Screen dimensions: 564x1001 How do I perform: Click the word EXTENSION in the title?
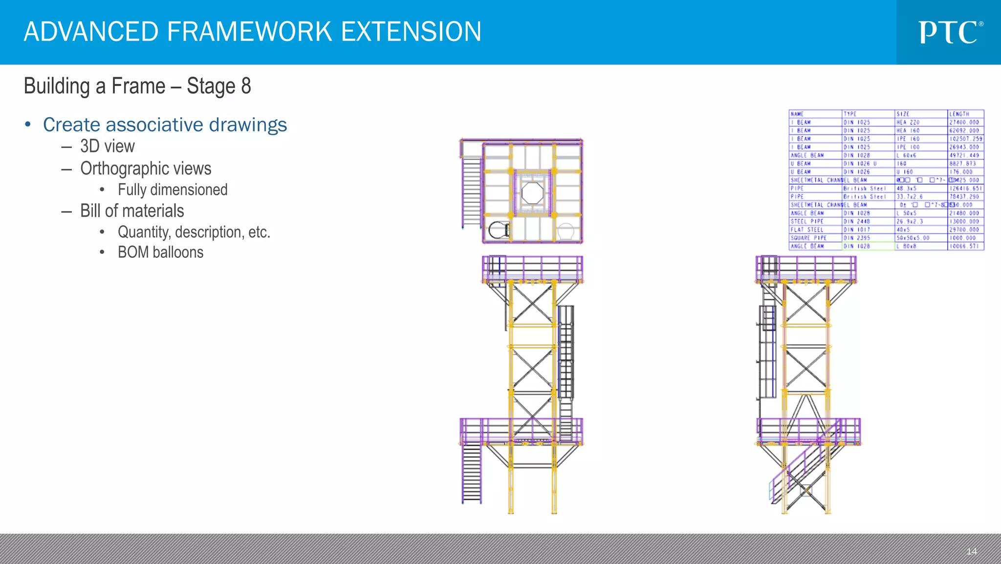click(x=411, y=32)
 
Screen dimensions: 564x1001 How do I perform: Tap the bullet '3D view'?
click(x=107, y=146)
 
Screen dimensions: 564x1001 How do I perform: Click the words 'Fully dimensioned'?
click(x=172, y=189)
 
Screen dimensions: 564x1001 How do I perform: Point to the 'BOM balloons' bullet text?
click(x=160, y=252)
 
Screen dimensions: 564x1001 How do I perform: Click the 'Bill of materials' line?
click(x=132, y=211)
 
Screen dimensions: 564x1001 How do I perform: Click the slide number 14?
click(x=971, y=551)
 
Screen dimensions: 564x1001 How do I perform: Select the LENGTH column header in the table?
click(x=959, y=114)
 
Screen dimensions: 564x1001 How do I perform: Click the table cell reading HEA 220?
click(x=908, y=122)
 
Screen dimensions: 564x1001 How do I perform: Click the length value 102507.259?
click(x=965, y=139)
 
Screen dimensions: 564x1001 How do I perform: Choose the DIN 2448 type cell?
click(x=856, y=221)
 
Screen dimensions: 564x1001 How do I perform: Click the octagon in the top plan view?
click(x=532, y=193)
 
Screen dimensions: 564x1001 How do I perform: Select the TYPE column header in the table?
click(x=850, y=114)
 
